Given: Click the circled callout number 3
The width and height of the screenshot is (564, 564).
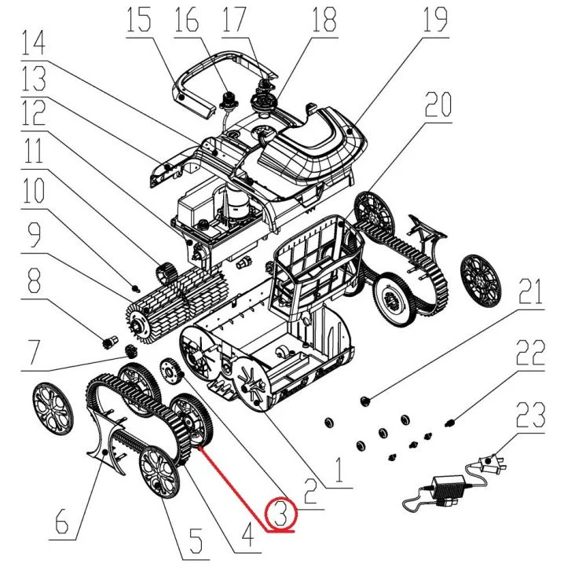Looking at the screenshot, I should pyautogui.click(x=284, y=514).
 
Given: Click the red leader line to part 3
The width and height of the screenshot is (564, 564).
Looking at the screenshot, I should pyautogui.click(x=236, y=486).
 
